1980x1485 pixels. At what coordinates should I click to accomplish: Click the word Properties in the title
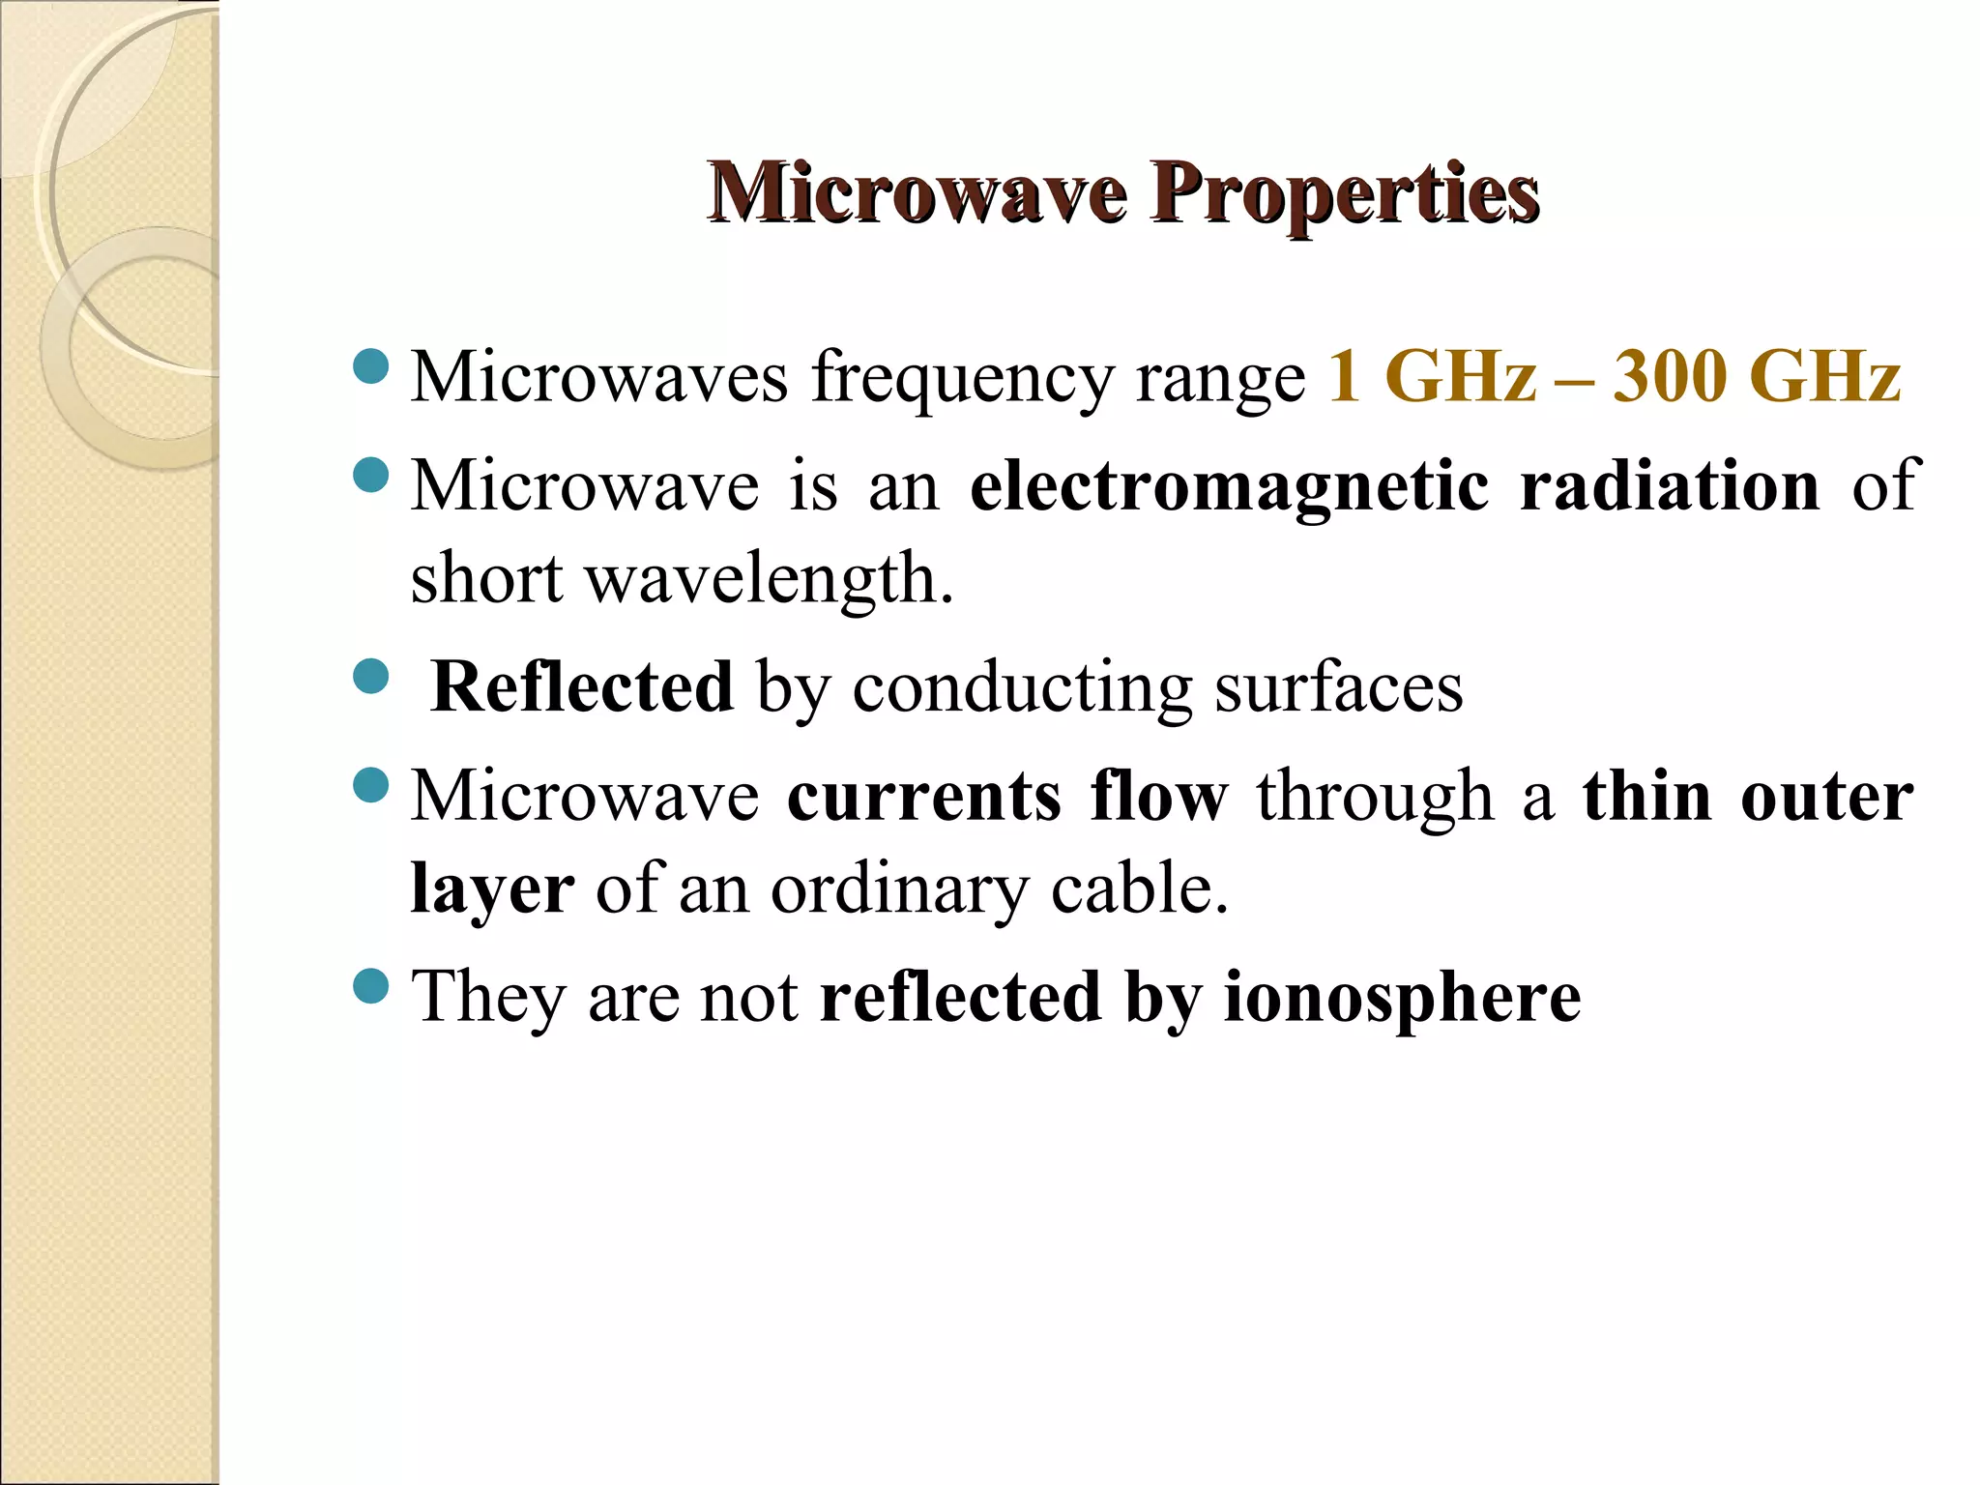pyautogui.click(x=1344, y=193)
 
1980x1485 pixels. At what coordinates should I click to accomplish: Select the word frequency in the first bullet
pyautogui.click(x=963, y=379)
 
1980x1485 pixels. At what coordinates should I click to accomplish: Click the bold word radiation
pyautogui.click(x=1670, y=485)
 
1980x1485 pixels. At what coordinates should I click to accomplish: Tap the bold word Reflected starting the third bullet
pyautogui.click(x=582, y=686)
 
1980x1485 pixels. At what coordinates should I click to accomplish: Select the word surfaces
pyautogui.click(x=1339, y=688)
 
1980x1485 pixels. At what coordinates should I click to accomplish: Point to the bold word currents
pyautogui.click(x=924, y=797)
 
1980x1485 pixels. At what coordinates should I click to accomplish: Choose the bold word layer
pyautogui.click(x=492, y=889)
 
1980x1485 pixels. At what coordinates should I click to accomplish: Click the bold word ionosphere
pyautogui.click(x=1402, y=998)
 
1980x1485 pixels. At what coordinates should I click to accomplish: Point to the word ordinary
pyautogui.click(x=899, y=889)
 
